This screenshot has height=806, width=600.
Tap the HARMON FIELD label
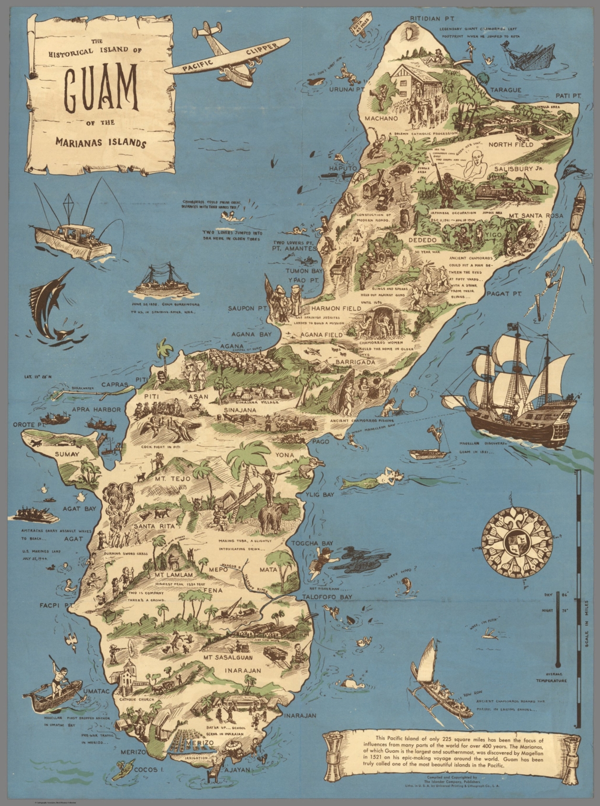336,309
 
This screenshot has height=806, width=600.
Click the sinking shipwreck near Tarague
530,55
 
